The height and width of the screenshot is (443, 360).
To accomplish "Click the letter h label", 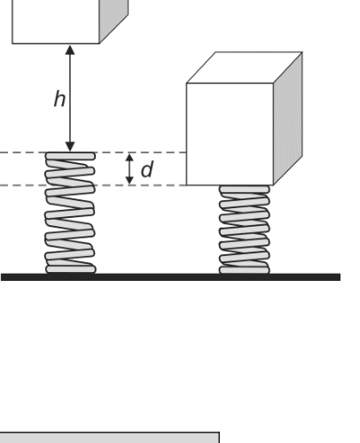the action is click(x=59, y=99).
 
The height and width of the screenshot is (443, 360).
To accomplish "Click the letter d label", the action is click(x=147, y=169).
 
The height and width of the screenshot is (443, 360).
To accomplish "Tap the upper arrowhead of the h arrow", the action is click(x=70, y=50).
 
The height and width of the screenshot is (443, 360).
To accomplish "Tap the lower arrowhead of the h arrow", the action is click(x=70, y=147).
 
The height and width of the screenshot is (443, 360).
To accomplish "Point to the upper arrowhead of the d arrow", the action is click(x=129, y=157).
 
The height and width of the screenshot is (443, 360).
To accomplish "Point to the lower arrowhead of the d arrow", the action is click(x=129, y=181).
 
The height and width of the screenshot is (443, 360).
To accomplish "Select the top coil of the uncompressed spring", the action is click(x=70, y=156).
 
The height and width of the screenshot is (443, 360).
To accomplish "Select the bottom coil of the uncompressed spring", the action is click(x=71, y=269).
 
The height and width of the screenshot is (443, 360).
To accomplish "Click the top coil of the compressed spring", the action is click(x=244, y=189).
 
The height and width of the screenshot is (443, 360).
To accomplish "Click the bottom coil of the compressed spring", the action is click(x=244, y=270).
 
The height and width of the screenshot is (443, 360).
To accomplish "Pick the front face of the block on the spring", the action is click(x=230, y=134).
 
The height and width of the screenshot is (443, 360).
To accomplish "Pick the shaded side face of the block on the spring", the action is click(x=288, y=119).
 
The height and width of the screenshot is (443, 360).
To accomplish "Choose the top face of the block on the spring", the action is click(x=245, y=67).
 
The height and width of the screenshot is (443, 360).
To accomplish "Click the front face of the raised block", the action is click(x=56, y=22).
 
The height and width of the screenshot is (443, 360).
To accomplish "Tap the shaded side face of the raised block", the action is click(x=113, y=19).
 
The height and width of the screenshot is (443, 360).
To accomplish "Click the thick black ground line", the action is click(x=171, y=277).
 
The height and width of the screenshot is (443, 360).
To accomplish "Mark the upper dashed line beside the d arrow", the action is click(x=93, y=152).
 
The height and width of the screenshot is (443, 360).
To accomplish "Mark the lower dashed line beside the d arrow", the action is click(x=93, y=185).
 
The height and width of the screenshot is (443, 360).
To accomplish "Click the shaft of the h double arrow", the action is click(x=70, y=98).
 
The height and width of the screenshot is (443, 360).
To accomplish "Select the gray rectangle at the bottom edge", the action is click(x=109, y=438).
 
